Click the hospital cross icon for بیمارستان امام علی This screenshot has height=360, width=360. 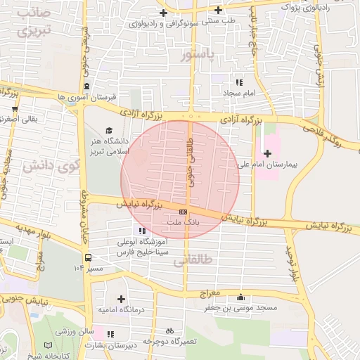click(x=267, y=153)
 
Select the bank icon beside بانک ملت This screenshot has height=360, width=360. click(x=183, y=212)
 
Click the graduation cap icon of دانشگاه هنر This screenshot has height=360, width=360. click(x=109, y=130)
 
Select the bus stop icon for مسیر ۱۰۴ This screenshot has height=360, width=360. click(x=87, y=257)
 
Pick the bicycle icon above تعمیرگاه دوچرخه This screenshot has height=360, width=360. click(x=169, y=330)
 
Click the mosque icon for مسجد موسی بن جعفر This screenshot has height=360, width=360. click(x=242, y=297)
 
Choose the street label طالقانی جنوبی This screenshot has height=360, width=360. click(x=191, y=161)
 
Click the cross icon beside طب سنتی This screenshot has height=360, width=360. click(x=219, y=10)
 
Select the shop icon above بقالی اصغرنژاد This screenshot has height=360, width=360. click(x=15, y=109)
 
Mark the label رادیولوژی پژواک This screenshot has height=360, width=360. click(x=304, y=6)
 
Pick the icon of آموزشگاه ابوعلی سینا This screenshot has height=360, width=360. click(x=143, y=230)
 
